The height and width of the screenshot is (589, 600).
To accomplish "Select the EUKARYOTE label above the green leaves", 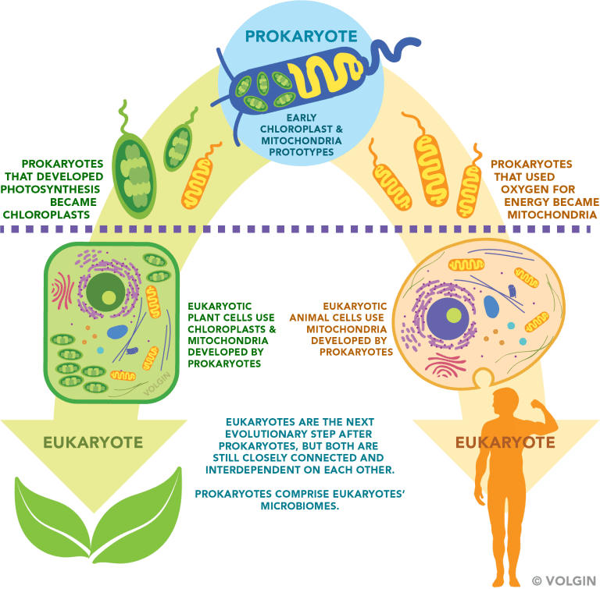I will (93, 443).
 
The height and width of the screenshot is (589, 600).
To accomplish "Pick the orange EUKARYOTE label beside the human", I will (505, 443).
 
